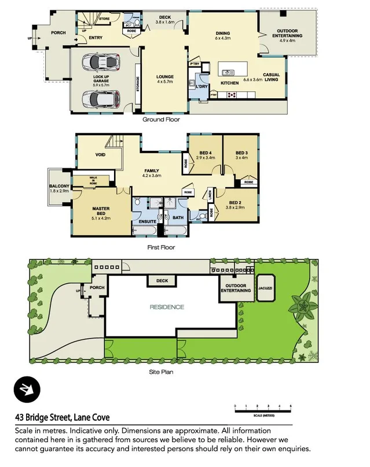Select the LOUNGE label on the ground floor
pos(164,77)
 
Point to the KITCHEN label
pos(230,84)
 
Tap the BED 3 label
pos(239,152)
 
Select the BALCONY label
pos(59,186)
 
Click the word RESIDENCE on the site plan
pos(167,307)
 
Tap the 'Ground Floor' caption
pos(161,120)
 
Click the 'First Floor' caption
pos(161,247)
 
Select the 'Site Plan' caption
pos(160,372)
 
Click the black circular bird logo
pos(26,391)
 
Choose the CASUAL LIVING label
pos(271,77)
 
